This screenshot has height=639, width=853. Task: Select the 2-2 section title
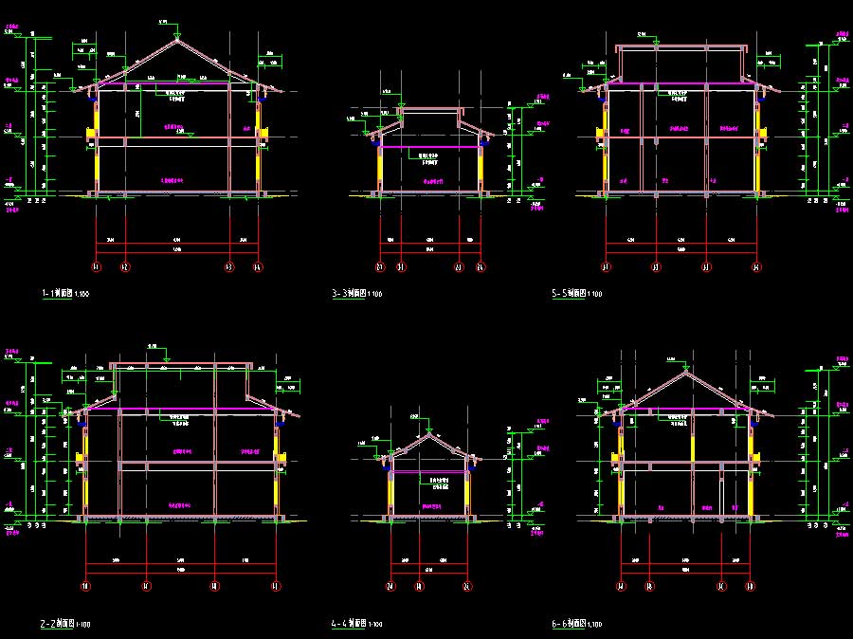[x=65, y=625]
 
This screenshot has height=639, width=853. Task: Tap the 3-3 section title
[x=357, y=294]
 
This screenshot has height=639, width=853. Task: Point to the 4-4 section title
[x=356, y=625]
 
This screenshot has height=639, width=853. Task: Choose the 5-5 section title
[x=576, y=294]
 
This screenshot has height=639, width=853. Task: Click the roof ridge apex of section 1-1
[x=177, y=40]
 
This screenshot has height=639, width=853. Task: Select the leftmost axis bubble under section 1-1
[x=95, y=268]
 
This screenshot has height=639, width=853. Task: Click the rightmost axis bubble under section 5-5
[x=755, y=268]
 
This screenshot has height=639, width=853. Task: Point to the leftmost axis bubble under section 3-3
[x=380, y=268]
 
